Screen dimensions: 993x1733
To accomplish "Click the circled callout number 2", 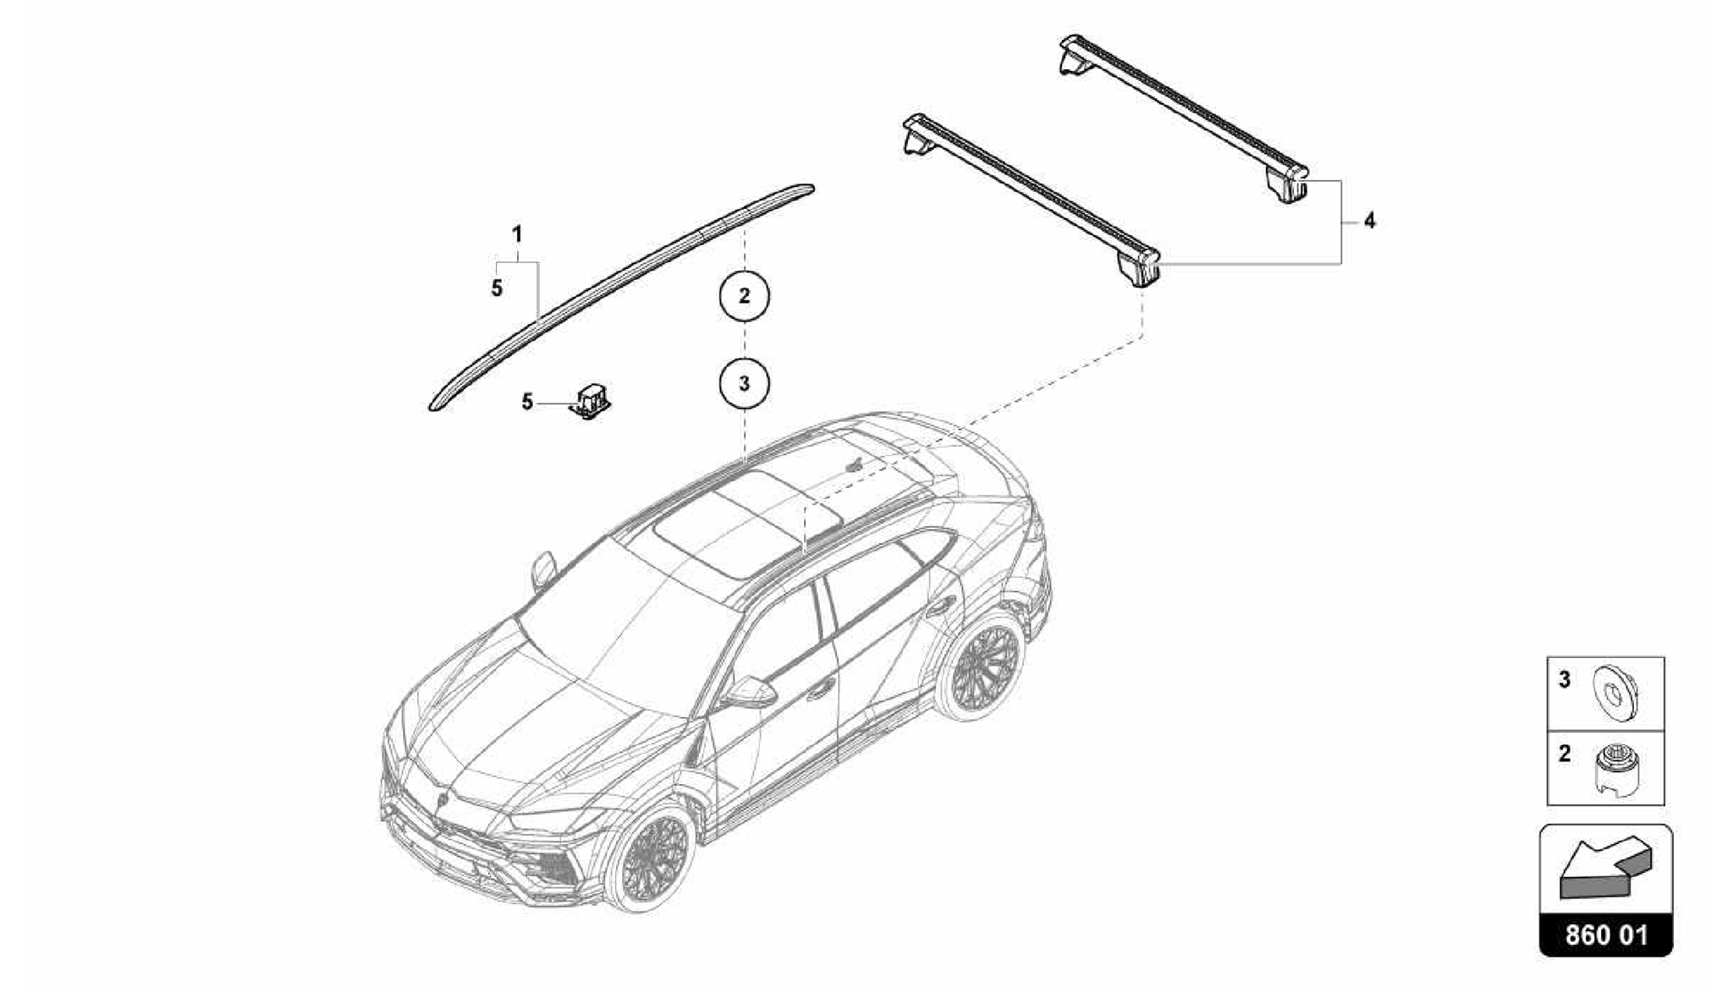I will [x=744, y=296].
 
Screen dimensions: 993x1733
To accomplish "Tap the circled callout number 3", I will [x=744, y=384].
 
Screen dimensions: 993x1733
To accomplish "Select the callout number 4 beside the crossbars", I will [x=1369, y=222].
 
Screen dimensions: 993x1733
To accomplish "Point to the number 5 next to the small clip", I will [x=527, y=403].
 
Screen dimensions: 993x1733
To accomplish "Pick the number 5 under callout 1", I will [x=497, y=288].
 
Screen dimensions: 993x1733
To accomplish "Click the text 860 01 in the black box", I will [x=1605, y=935].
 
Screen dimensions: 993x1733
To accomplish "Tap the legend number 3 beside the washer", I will [x=1564, y=679].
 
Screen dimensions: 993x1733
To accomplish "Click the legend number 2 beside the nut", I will [x=1564, y=753].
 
